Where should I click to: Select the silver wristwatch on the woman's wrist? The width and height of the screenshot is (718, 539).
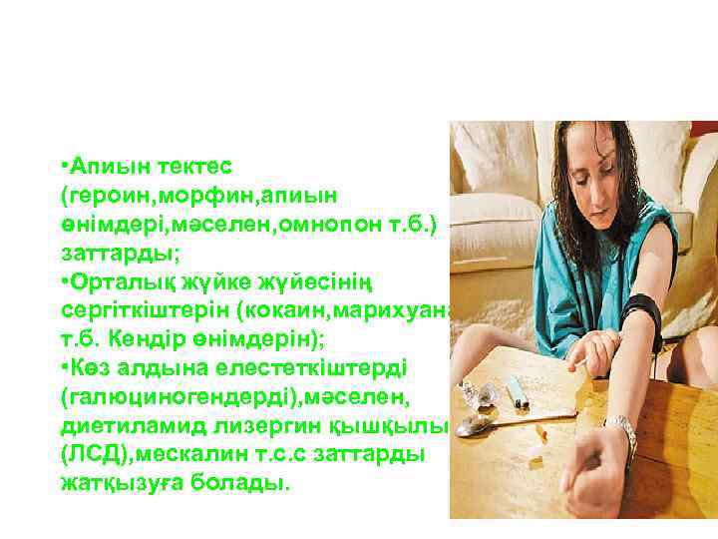coord(622,434)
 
